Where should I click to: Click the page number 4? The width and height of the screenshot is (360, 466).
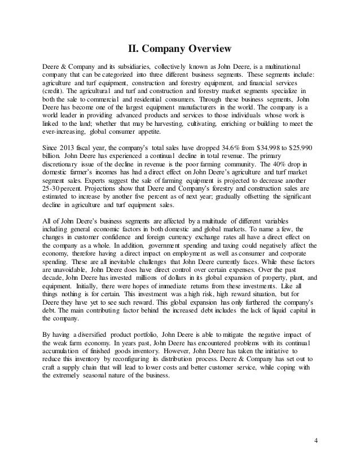316,439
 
